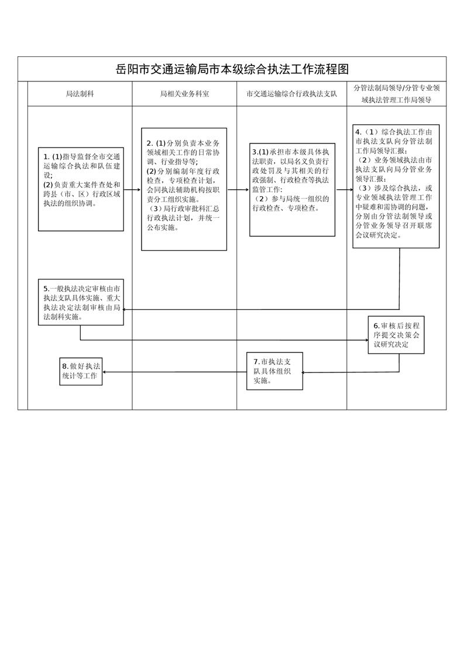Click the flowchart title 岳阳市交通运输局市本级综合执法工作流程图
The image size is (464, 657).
[x=232, y=69]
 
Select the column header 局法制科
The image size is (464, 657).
[x=80, y=94]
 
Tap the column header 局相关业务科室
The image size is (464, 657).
[x=184, y=94]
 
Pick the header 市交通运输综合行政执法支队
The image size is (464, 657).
[x=291, y=94]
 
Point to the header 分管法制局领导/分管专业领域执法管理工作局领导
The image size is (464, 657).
[x=396, y=94]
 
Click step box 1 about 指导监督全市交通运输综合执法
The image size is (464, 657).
[x=81, y=189]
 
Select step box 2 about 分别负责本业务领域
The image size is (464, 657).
[x=184, y=189]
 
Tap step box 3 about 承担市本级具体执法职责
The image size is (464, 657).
[x=292, y=189]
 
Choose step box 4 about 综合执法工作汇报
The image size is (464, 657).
[x=396, y=186]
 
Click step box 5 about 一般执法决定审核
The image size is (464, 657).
[x=81, y=302]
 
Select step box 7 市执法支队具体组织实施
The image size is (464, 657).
[x=274, y=372]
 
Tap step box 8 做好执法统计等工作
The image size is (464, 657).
[x=81, y=371]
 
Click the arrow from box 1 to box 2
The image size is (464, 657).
[x=132, y=190]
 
